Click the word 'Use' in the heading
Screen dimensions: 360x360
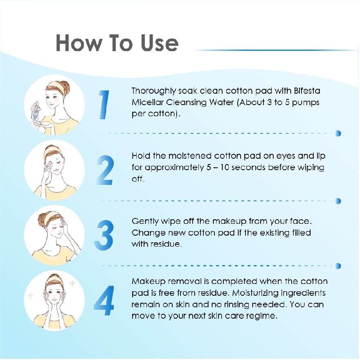160,43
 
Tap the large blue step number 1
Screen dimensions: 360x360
104,105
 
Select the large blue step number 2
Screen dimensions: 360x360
105,170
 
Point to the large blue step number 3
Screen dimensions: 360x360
104,235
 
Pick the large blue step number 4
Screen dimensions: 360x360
104,301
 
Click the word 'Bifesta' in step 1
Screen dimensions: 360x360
307,91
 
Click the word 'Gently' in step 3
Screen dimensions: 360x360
145,222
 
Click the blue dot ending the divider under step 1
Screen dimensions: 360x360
338,133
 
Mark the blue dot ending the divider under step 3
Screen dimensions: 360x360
338,266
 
